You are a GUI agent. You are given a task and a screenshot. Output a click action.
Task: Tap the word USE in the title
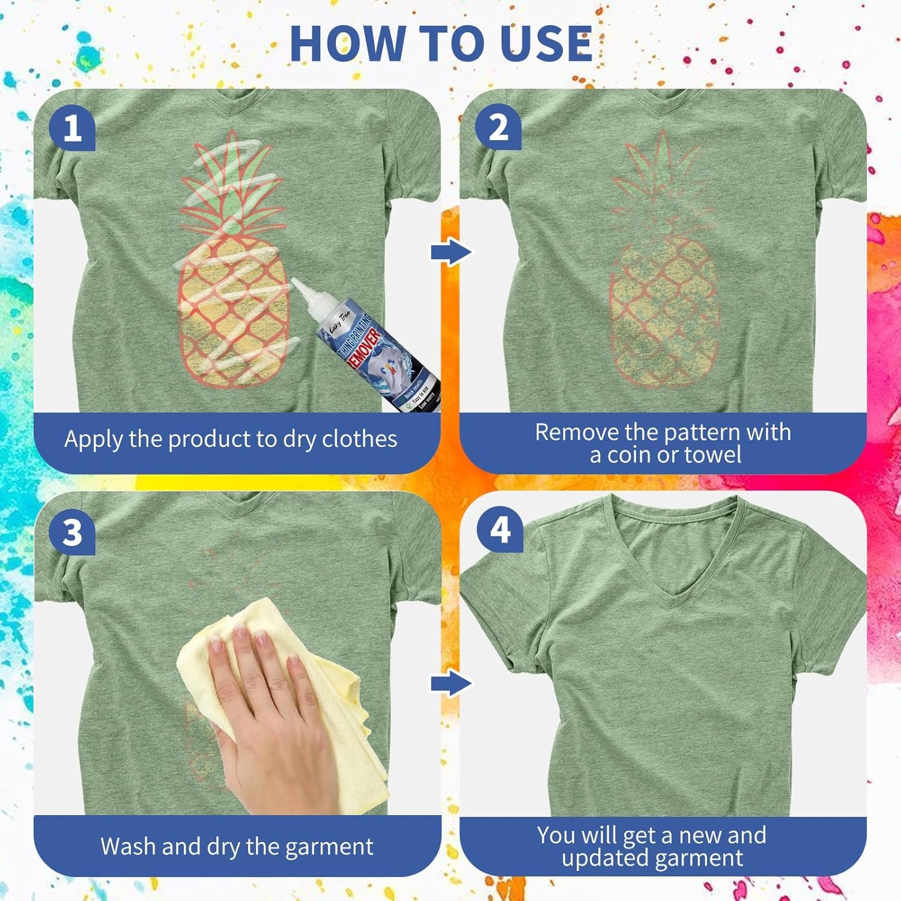545,43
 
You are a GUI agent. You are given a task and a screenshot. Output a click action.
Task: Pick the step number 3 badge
72,532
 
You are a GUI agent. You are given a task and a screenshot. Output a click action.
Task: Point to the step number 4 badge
500,530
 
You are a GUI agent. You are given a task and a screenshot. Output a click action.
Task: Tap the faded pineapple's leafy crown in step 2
661,180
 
